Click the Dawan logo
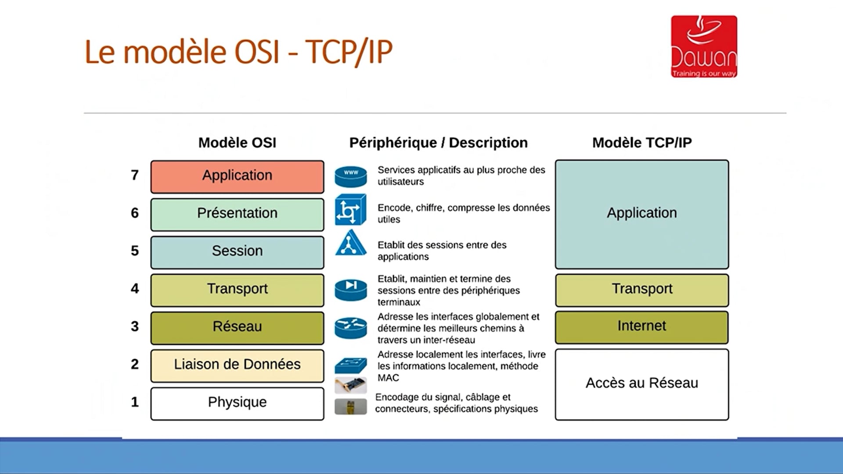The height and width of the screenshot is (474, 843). tap(704, 47)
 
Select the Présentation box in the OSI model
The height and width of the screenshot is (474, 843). tap(237, 214)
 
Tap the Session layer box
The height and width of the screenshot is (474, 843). tap(237, 252)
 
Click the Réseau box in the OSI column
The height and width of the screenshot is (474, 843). tap(237, 327)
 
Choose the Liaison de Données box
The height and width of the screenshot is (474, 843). tap(237, 365)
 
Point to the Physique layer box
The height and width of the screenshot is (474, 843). tap(237, 403)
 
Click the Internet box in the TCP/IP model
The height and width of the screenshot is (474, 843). tap(641, 327)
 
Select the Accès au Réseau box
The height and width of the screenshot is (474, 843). tap(641, 384)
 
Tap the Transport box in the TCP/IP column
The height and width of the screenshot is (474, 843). tap(641, 290)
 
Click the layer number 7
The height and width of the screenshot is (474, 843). tap(135, 175)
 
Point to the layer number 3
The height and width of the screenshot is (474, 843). tap(135, 326)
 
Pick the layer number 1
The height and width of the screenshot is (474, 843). tap(135, 402)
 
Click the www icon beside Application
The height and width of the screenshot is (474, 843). tap(350, 176)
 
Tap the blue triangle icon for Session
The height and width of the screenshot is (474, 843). tap(350, 244)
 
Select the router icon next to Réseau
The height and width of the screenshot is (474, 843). tap(350, 328)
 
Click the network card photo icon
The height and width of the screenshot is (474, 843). tap(350, 385)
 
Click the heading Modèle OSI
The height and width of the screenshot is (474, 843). tap(237, 143)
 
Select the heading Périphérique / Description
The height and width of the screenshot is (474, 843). tap(438, 143)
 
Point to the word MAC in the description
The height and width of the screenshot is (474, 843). tap(388, 378)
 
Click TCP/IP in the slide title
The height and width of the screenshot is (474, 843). tap(349, 52)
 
